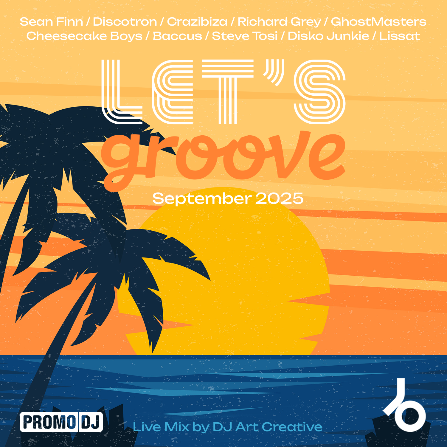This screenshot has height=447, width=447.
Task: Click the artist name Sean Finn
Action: [x=51, y=22]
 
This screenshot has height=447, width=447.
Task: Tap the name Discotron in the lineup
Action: [x=125, y=22]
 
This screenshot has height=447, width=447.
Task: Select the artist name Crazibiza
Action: [x=197, y=22]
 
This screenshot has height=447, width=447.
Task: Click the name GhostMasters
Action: [x=378, y=22]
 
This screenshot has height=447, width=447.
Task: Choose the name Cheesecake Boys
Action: [x=84, y=36]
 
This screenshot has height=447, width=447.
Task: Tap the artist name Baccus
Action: [x=177, y=36]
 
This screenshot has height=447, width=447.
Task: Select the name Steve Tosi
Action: [x=245, y=36]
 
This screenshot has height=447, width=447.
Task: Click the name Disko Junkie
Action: [x=328, y=36]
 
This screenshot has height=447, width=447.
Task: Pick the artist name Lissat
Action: [x=400, y=36]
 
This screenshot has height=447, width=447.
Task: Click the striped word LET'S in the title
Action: [x=223, y=92]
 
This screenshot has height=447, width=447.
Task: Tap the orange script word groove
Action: [x=223, y=158]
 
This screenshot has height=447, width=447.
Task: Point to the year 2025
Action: [x=280, y=198]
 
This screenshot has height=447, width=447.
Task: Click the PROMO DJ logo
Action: [x=61, y=422]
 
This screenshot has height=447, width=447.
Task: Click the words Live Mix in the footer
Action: [x=161, y=427]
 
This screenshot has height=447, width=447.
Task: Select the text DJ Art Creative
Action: [x=267, y=427]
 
